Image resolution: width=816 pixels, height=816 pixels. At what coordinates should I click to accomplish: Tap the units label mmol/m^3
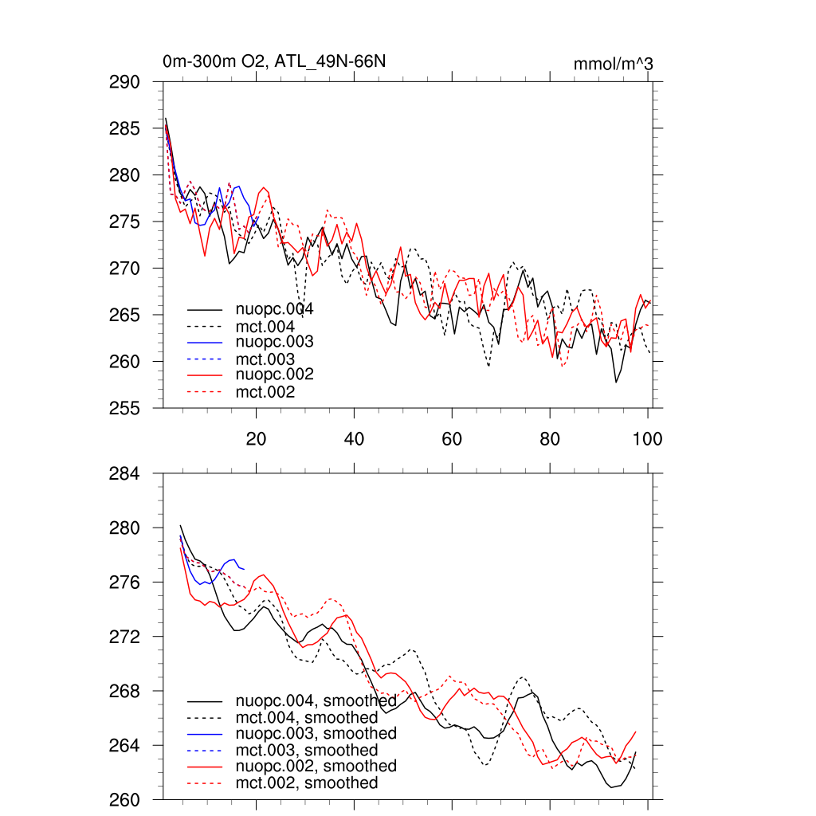613,64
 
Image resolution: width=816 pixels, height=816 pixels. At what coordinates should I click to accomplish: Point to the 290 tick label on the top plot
124,82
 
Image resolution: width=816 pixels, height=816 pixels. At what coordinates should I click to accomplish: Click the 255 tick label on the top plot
124,408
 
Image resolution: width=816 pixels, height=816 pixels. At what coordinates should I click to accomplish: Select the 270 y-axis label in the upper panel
124,269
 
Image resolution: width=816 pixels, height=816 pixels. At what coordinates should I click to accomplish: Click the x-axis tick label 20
256,439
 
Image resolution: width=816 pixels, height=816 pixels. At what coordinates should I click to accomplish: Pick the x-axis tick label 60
452,439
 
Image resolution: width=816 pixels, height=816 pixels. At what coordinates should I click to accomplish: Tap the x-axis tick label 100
647,439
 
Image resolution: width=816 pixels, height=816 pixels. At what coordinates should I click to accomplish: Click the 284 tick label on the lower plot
124,474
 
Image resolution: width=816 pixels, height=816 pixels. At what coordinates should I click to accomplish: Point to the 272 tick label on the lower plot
124,637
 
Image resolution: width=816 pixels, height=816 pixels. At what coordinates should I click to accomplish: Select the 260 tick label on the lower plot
124,800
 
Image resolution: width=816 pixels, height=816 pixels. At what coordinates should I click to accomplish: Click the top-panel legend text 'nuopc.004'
274,309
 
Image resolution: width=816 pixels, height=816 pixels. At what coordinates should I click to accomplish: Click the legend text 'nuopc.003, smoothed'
316,733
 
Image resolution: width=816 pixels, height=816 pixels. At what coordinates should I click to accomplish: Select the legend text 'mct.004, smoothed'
307,718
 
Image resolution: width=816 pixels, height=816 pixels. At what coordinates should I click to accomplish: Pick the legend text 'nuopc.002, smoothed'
316,766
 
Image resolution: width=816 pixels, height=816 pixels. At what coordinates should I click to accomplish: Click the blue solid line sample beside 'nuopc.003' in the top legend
205,343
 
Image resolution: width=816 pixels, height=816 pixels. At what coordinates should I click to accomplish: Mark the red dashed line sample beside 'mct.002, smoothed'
205,783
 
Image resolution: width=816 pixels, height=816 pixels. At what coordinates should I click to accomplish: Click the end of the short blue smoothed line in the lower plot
244,569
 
